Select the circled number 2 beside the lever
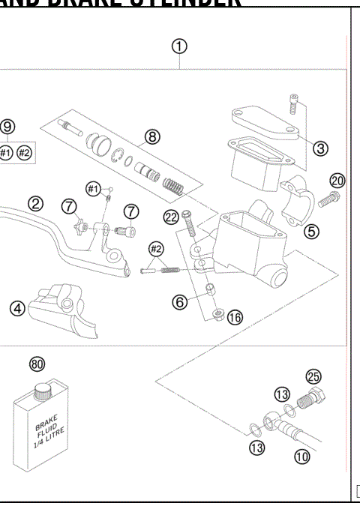tap(34, 203)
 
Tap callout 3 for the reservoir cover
tap(320, 148)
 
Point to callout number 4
tap(16, 308)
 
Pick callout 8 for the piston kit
tap(152, 136)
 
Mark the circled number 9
tap(8, 127)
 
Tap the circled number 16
tap(235, 317)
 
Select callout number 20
tap(337, 180)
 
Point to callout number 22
tap(170, 217)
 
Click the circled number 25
tap(312, 376)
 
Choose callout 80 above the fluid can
tap(37, 364)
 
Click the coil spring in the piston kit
tap(174, 183)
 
